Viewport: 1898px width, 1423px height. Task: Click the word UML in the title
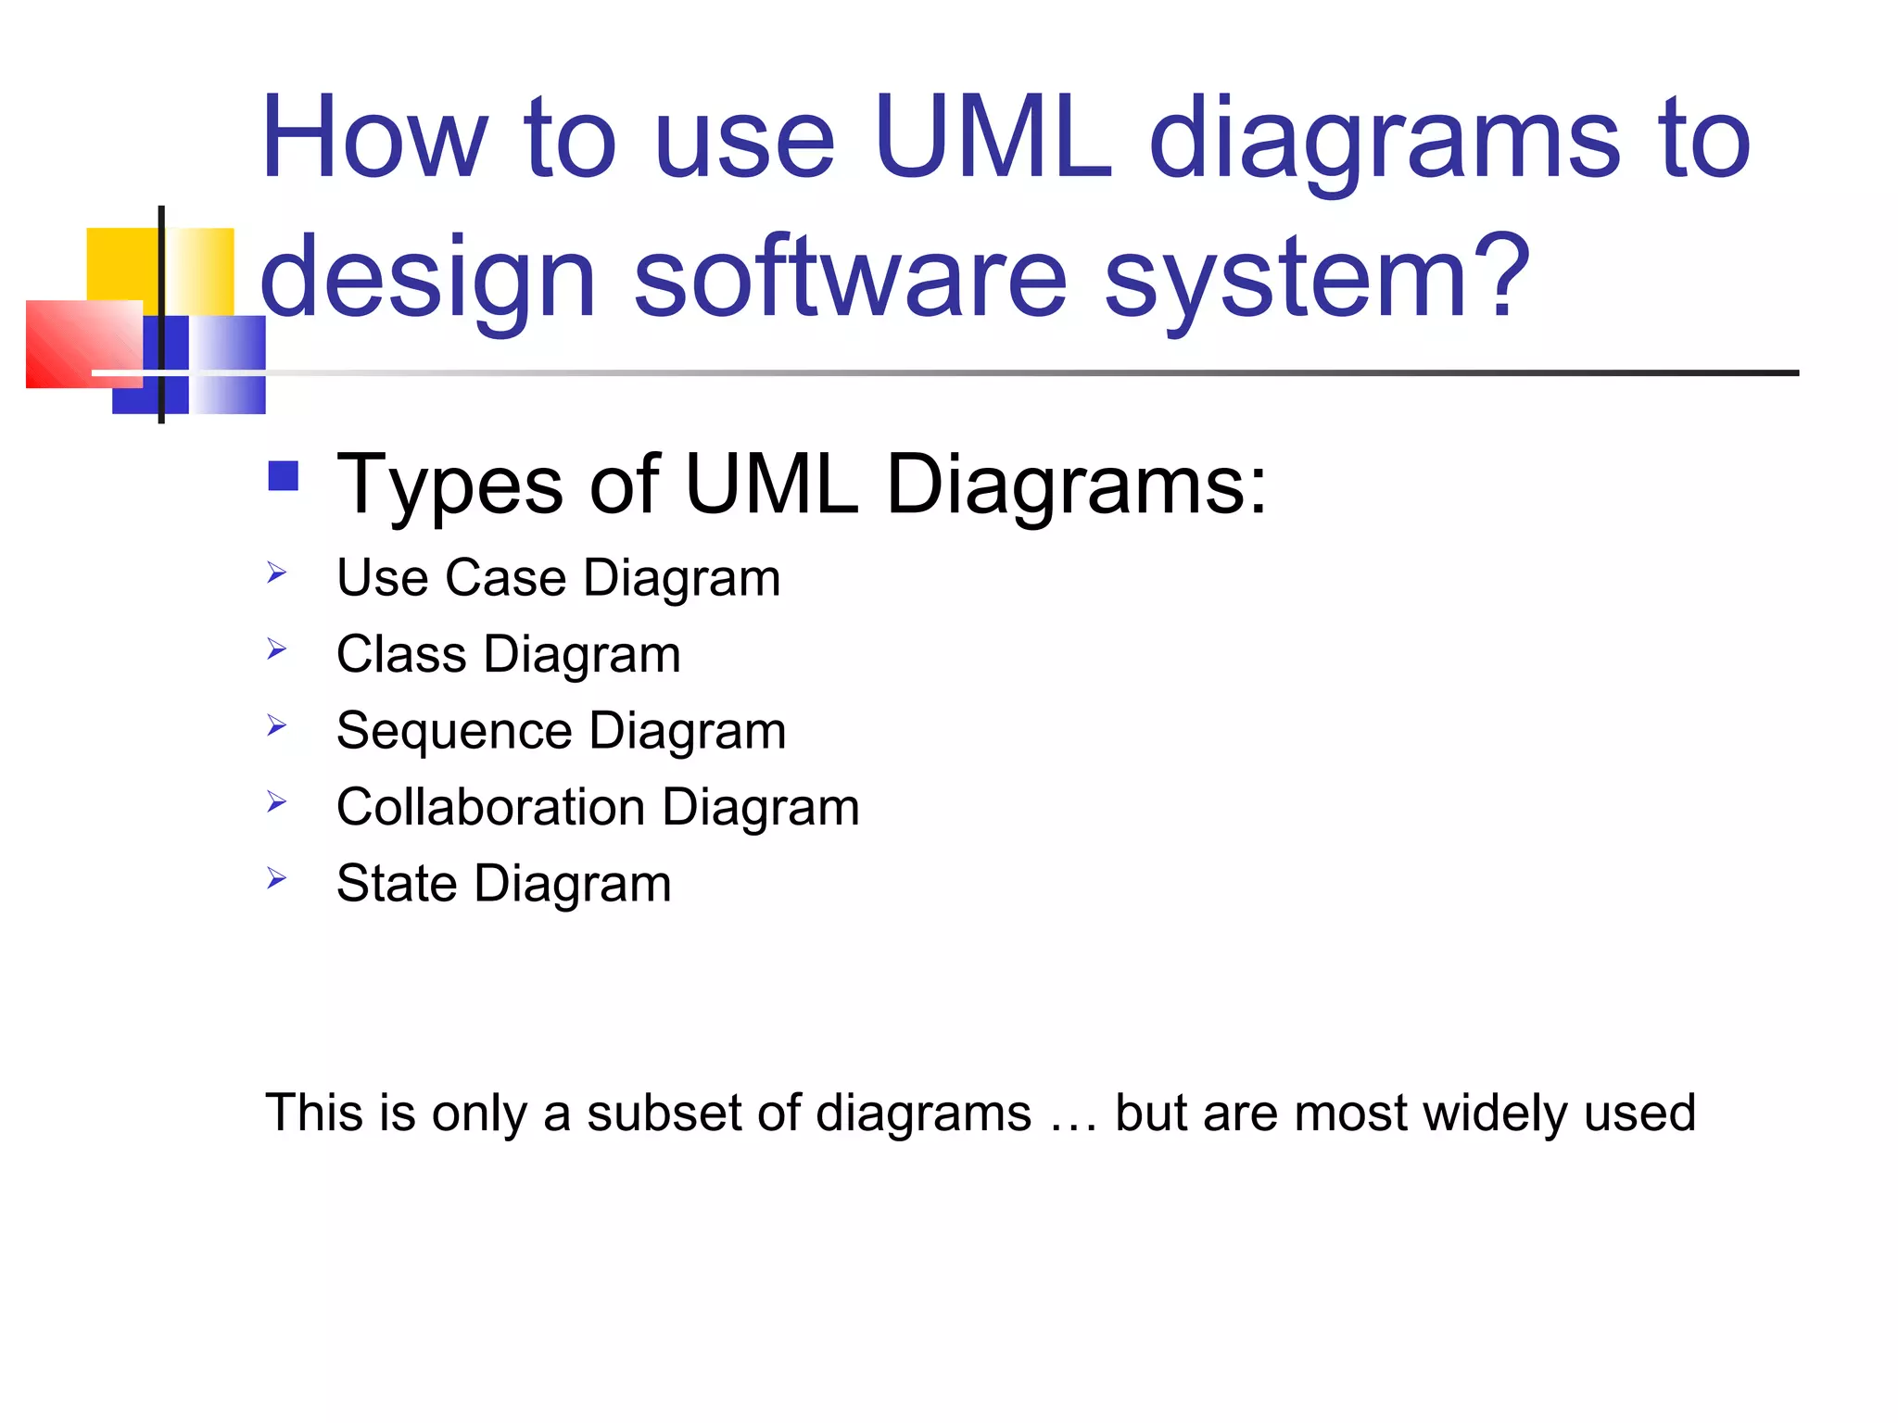(992, 139)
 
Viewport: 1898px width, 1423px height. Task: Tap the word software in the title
(850, 276)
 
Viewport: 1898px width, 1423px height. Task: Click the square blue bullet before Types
(283, 476)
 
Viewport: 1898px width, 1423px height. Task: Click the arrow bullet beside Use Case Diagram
(276, 573)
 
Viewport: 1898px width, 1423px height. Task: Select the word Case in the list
(505, 578)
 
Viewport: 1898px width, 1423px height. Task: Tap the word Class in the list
(400, 654)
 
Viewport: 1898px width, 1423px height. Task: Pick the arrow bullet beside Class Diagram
(276, 649)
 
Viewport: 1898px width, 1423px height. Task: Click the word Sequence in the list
(453, 732)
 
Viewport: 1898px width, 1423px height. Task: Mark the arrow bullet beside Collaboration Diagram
(276, 801)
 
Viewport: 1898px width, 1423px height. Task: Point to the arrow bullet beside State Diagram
(276, 877)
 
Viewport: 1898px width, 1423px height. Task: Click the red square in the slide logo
(83, 344)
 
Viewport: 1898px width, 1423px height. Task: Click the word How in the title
(373, 139)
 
